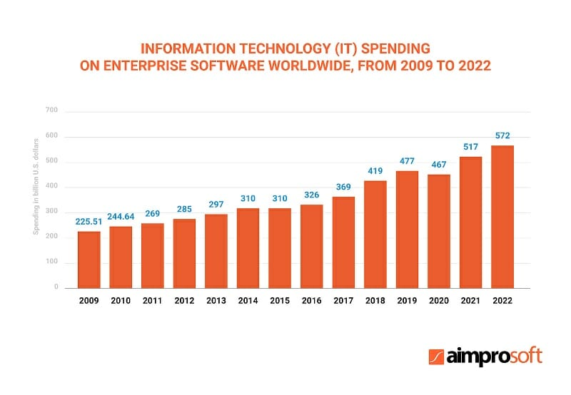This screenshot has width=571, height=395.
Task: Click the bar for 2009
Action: point(89,260)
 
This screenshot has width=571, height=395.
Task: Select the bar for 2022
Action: point(502,217)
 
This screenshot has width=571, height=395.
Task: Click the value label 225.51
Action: point(89,221)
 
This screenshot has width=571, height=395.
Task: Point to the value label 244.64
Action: point(121,216)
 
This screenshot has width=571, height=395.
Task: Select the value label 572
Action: point(502,135)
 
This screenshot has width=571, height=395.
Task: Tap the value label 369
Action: point(343,187)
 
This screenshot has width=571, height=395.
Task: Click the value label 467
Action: point(438,165)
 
